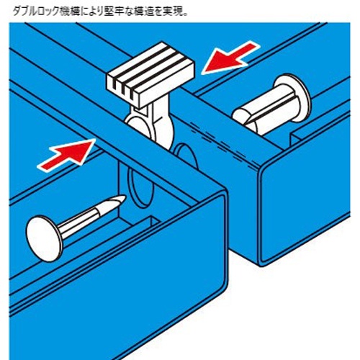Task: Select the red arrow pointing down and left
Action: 229,60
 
